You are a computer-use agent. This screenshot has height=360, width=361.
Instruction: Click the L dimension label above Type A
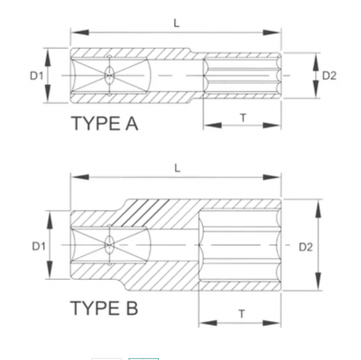tap(176, 23)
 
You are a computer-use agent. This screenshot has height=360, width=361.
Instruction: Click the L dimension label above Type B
tap(176, 167)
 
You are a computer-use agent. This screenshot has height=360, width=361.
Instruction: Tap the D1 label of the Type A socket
tap(37, 76)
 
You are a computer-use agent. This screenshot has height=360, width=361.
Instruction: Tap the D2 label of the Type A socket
tap(329, 76)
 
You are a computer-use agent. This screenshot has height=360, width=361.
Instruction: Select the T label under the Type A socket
tap(242, 118)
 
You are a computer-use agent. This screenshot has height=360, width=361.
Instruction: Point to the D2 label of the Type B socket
tap(305, 245)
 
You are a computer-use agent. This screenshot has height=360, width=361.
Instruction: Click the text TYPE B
tap(105, 309)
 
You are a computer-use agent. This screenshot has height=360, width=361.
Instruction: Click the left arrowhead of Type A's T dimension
tap(206, 126)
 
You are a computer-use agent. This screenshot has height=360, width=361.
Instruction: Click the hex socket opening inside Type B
tap(239, 245)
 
